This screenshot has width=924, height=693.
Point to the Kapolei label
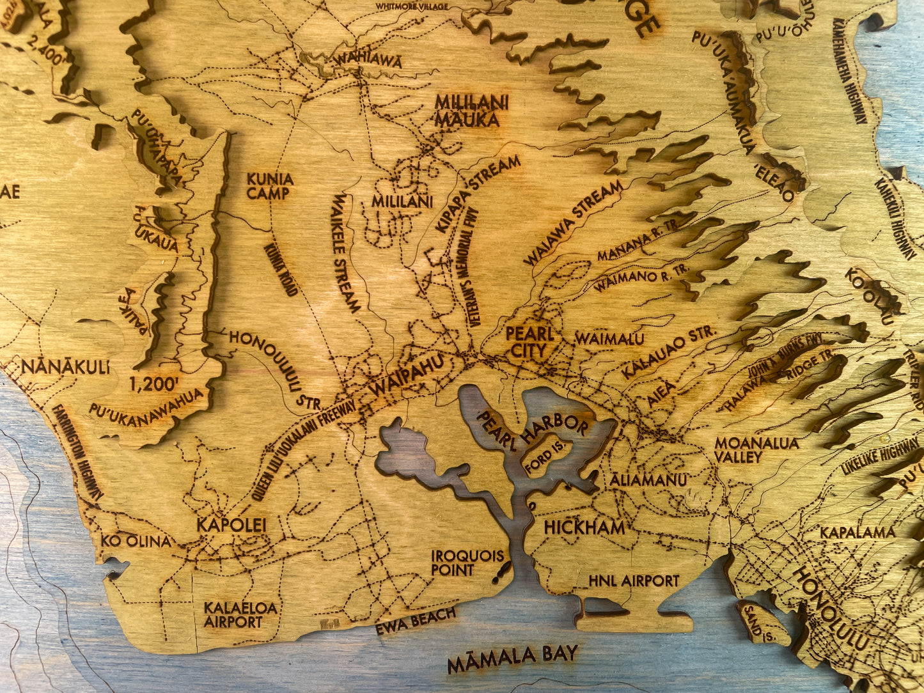(x=231, y=525)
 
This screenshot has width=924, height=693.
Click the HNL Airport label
(x=633, y=580)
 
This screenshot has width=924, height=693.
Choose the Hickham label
(x=584, y=527)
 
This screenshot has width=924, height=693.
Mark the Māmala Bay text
(x=513, y=658)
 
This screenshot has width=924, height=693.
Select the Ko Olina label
(x=137, y=541)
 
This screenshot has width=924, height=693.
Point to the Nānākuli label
(x=65, y=367)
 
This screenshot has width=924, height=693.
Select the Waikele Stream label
(x=346, y=253)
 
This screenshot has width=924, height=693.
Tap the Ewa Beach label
(x=416, y=619)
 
